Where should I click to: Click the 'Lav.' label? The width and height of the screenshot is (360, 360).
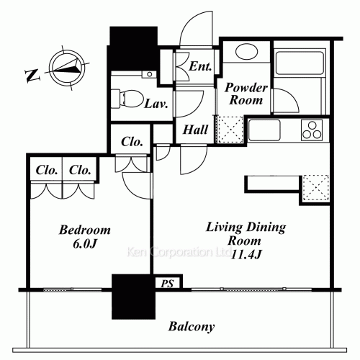tap(156, 103)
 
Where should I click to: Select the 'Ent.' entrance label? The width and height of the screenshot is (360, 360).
tap(200, 67)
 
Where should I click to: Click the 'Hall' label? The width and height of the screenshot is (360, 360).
tap(196, 130)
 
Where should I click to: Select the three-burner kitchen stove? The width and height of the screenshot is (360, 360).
tap(313, 130)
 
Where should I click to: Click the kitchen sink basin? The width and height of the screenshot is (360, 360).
tap(264, 130)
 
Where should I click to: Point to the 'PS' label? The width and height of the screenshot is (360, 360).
tap(168, 283)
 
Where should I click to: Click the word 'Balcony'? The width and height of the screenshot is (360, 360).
tap(192, 327)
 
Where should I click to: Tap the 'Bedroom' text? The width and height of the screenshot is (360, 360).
tap(84, 230)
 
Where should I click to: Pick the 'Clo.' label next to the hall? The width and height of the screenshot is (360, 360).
tap(130, 141)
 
